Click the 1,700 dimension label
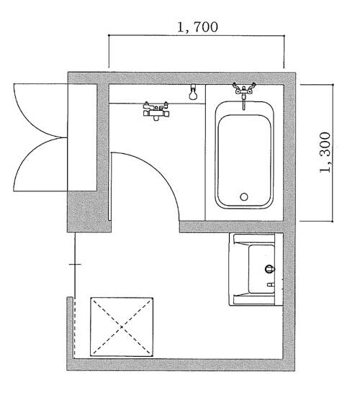pos(197,27)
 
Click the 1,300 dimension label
pos(325,152)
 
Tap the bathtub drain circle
pos(244,197)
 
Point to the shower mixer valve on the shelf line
pos(156,111)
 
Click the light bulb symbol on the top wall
pos(193,92)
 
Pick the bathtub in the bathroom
pos(244,155)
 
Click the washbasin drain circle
pos(270,269)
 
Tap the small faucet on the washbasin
pos(271,285)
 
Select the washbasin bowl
pos(262,269)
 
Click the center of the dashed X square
pos(122,327)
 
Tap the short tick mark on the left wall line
pos(75,265)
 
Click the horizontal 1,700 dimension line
pos(197,35)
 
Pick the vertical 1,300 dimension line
pos(333,153)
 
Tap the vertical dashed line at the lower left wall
pos(75,328)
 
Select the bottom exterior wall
pos(181,365)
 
